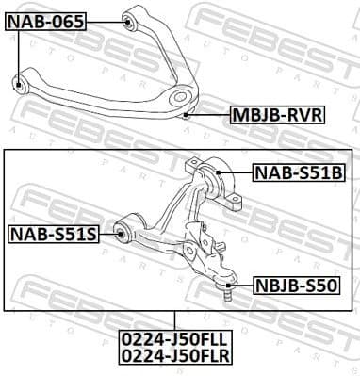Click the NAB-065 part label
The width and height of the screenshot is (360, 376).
46,20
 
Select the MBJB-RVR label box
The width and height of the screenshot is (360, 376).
277,116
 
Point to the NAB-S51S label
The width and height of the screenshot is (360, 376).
53,233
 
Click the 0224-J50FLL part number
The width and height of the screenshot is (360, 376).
174,337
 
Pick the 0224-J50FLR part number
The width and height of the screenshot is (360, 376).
174,354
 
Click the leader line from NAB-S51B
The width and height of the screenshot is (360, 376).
236,172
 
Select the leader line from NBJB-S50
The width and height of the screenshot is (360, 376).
243,281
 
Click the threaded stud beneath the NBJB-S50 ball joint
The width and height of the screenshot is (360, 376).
226,294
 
